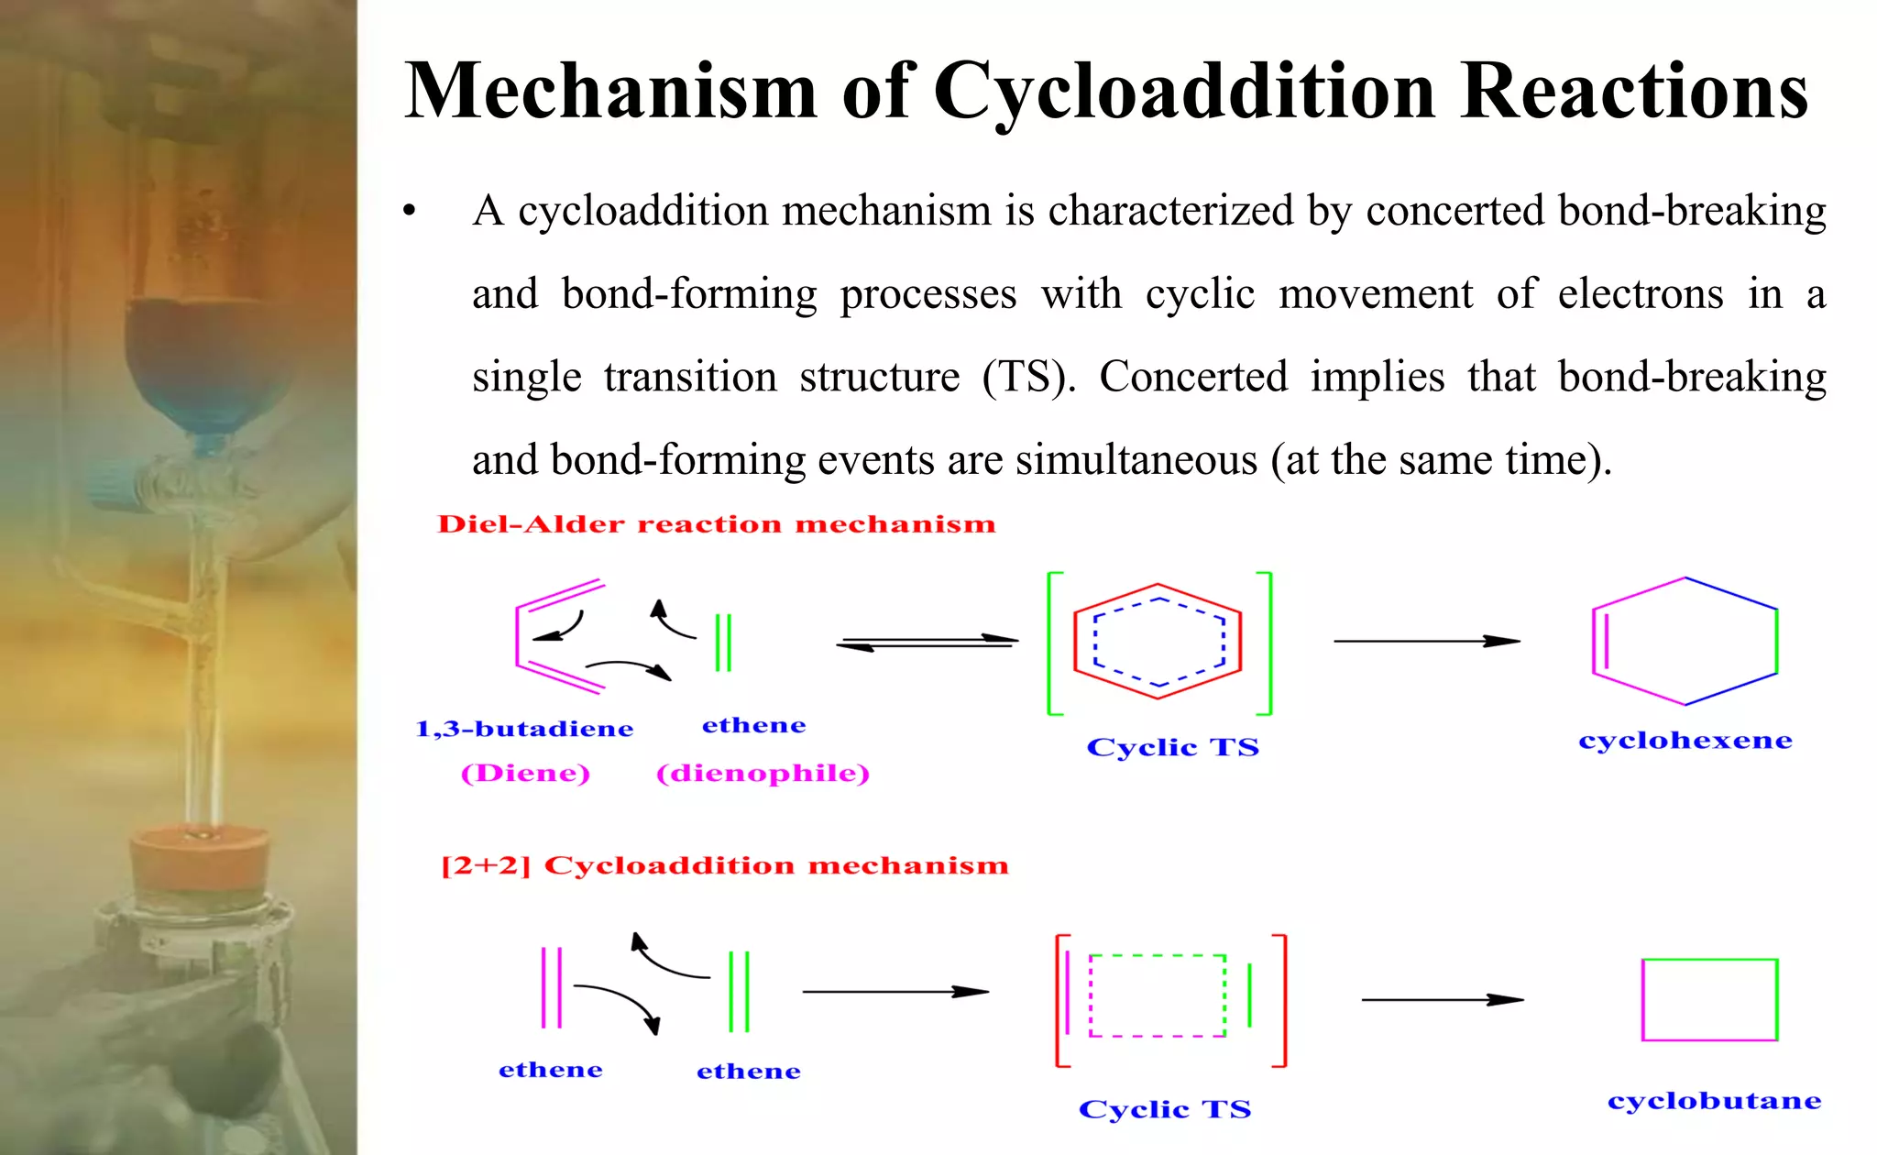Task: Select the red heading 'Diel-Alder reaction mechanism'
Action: [x=716, y=524]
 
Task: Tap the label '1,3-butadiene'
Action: [x=524, y=729]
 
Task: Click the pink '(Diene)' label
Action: [x=525, y=773]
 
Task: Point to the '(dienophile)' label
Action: [x=763, y=773]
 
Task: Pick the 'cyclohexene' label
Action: [x=1685, y=740]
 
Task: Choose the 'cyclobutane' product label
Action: [x=1714, y=1100]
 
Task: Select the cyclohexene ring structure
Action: [x=1685, y=641]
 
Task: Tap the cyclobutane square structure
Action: [x=1709, y=999]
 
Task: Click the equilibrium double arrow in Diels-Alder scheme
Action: [x=927, y=643]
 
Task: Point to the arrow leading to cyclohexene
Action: [x=1426, y=641]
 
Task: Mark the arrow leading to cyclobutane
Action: [x=1442, y=999]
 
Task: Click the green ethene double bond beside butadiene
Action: [x=723, y=643]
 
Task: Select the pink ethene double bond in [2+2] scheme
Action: [x=551, y=988]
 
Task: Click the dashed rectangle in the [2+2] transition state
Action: [x=1158, y=995]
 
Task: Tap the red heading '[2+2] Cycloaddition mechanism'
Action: [x=724, y=865]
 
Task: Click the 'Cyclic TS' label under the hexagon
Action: [x=1172, y=747]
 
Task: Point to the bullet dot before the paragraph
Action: [x=410, y=212]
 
